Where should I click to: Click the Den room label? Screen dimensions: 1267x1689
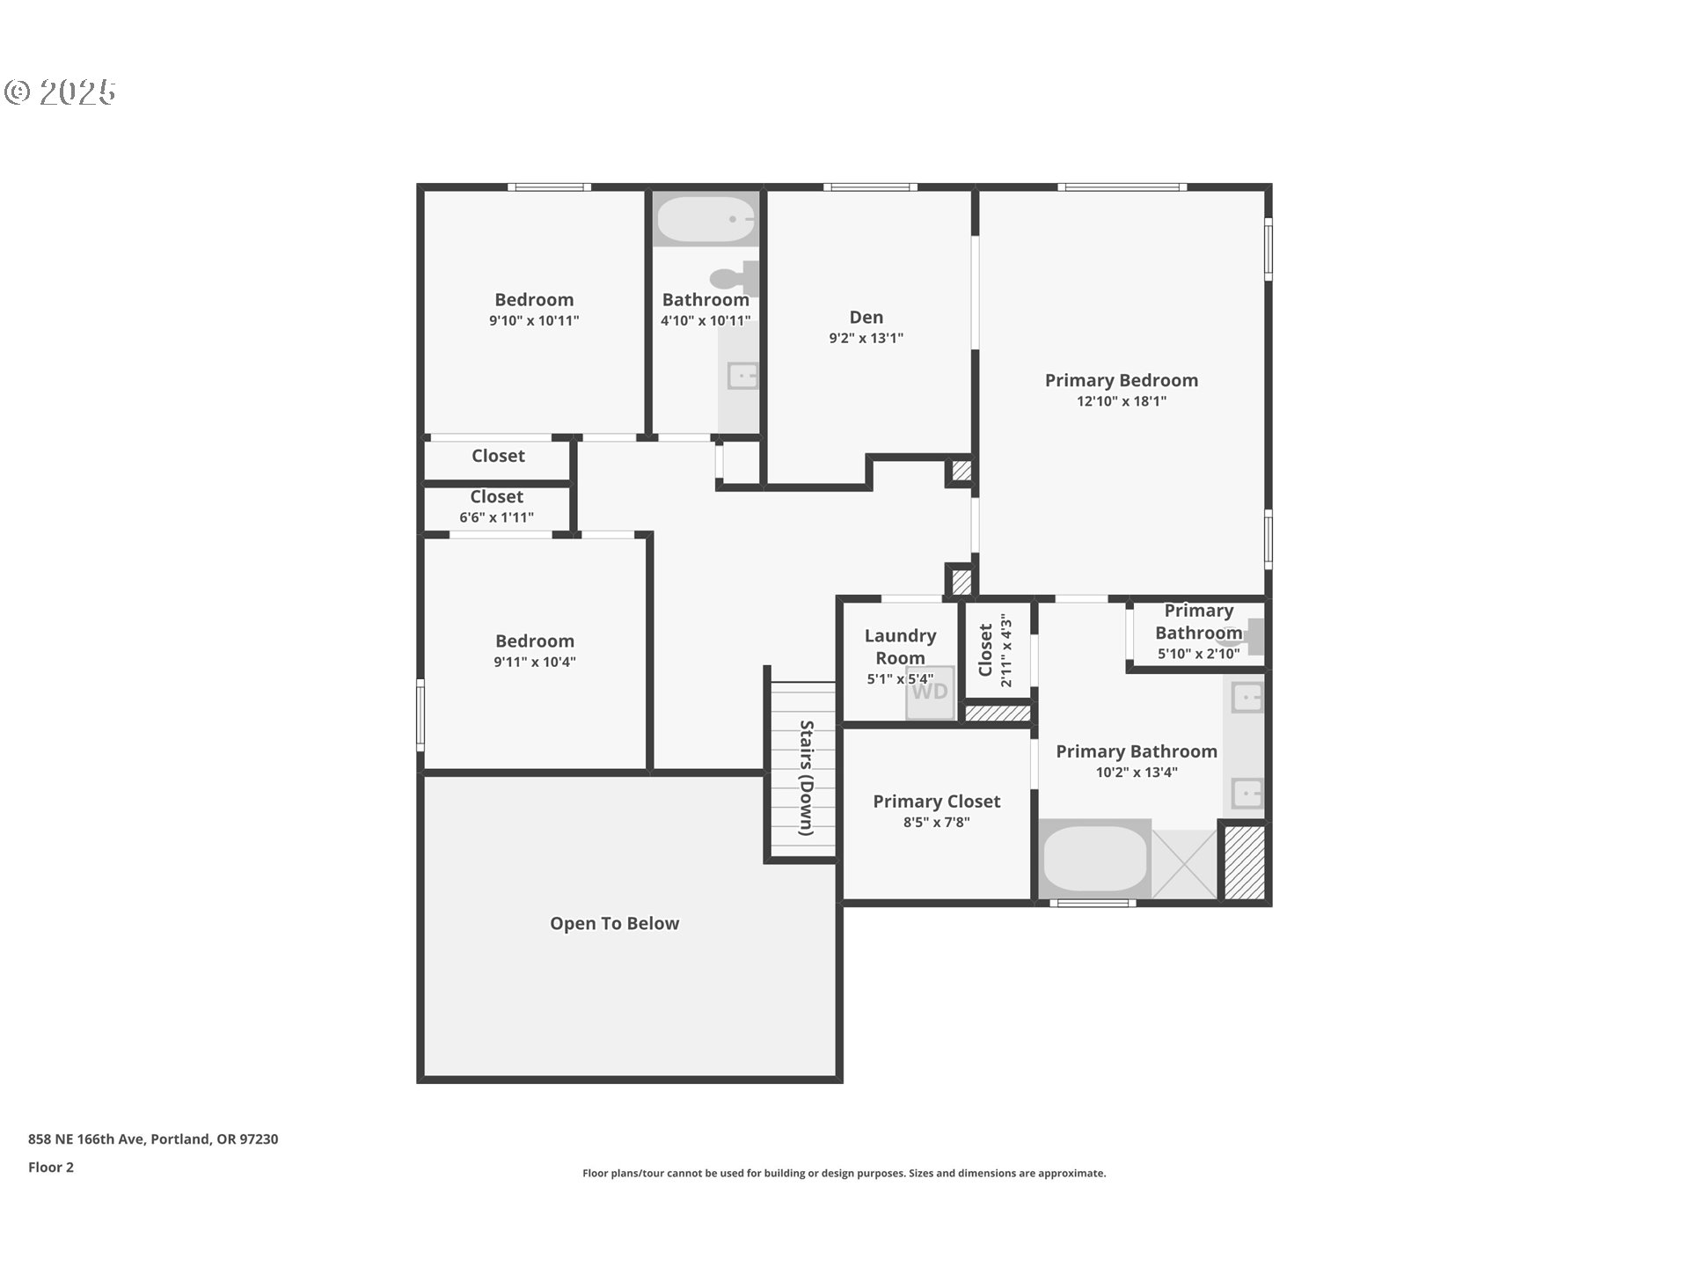pyautogui.click(x=866, y=318)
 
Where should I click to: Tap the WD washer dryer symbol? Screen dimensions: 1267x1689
pyautogui.click(x=930, y=692)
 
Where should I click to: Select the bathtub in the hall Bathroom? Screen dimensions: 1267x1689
pyautogui.click(x=706, y=219)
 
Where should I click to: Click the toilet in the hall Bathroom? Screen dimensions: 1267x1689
pyautogui.click(x=735, y=279)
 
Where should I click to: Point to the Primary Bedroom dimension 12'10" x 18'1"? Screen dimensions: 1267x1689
pyautogui.click(x=1121, y=401)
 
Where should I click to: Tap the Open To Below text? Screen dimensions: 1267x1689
pyautogui.click(x=614, y=924)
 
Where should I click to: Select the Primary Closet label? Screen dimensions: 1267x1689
pyautogui.click(x=936, y=802)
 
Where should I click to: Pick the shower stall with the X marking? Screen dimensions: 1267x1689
pyautogui.click(x=1184, y=863)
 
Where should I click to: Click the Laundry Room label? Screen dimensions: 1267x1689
pyautogui.click(x=900, y=647)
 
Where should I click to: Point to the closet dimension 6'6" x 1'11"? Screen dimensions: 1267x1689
pyautogui.click(x=496, y=517)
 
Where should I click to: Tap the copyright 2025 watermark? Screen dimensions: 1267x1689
pyautogui.click(x=60, y=92)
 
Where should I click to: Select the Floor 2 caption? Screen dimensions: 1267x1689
pyautogui.click(x=51, y=1168)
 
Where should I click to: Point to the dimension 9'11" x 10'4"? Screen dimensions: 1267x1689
pyautogui.click(x=534, y=662)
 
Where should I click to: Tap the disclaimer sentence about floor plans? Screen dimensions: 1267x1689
pyautogui.click(x=844, y=1173)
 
